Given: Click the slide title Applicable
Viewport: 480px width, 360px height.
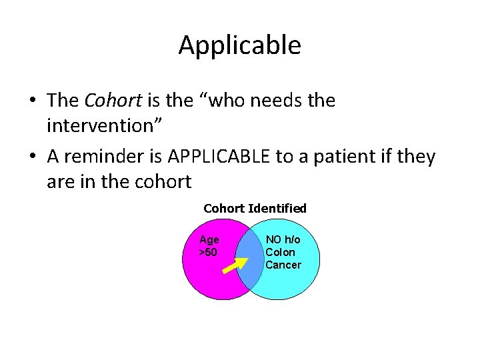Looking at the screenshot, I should click(x=239, y=45).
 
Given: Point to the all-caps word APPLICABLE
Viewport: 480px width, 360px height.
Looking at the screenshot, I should click(x=219, y=157).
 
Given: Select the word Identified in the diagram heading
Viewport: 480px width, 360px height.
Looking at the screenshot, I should click(x=277, y=209).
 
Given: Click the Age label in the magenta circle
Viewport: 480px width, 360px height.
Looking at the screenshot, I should click(x=209, y=240).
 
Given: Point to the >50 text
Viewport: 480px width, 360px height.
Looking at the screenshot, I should click(x=208, y=252).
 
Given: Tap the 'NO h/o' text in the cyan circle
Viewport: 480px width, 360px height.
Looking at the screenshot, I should click(x=283, y=240).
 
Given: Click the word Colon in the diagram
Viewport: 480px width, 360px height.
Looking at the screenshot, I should click(x=280, y=252).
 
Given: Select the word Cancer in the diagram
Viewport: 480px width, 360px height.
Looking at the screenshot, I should click(x=283, y=265).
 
